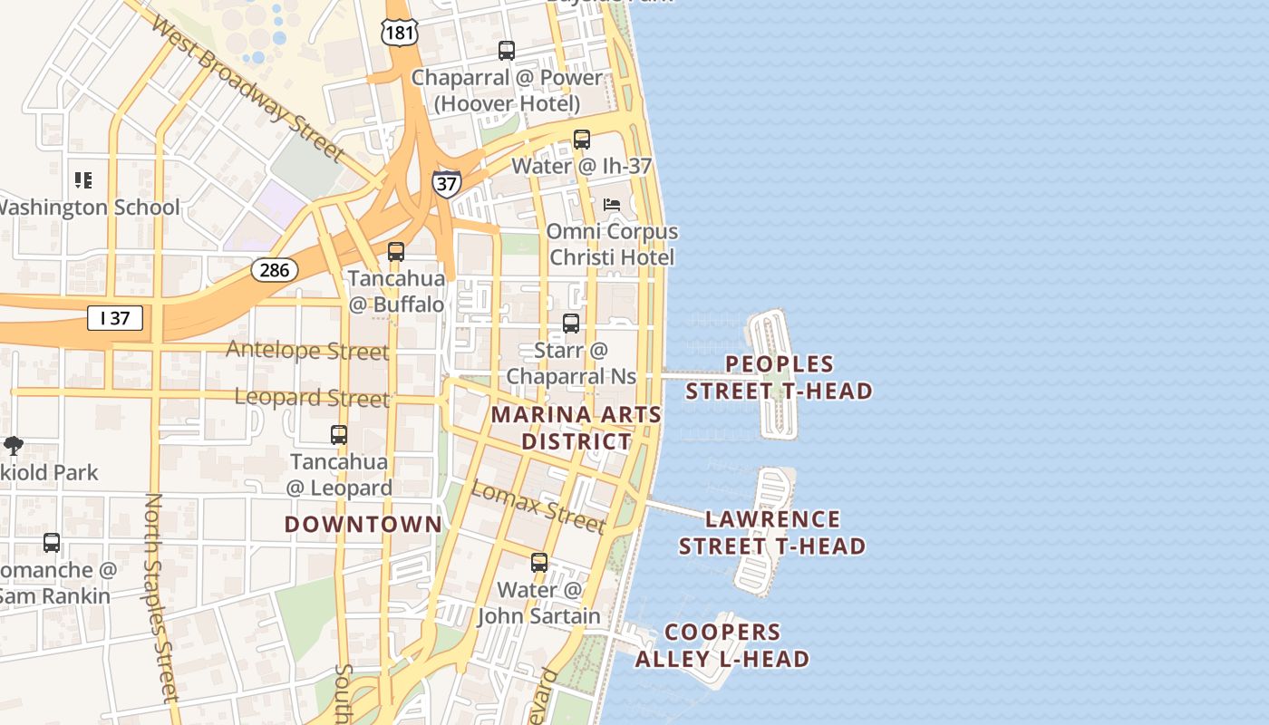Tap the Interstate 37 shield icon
point(446,183)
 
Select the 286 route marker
point(275,269)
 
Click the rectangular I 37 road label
point(115,318)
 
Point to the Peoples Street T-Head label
point(779,378)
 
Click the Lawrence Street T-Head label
point(772,533)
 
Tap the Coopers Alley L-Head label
point(722,645)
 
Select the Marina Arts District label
point(576,428)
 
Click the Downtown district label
point(363,525)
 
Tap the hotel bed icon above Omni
point(612,205)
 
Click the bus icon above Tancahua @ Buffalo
point(396,252)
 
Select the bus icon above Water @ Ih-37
point(582,140)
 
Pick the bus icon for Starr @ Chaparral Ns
point(571,324)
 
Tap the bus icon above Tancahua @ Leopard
point(339,435)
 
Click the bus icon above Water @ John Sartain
point(539,563)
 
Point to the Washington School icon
point(83,180)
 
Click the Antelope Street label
point(307,350)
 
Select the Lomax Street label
point(538,507)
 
